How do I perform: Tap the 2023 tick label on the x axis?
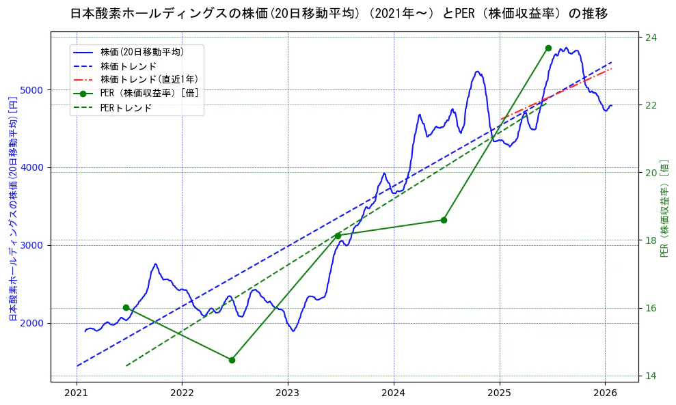point(288,393)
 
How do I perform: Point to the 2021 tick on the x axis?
point(77,393)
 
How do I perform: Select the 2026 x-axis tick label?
point(606,393)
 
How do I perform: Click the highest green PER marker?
point(548,48)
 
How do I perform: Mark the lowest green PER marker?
point(232,360)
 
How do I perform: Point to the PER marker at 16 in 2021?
point(126,308)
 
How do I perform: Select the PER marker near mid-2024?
point(444,220)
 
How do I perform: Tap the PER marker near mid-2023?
point(338,236)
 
